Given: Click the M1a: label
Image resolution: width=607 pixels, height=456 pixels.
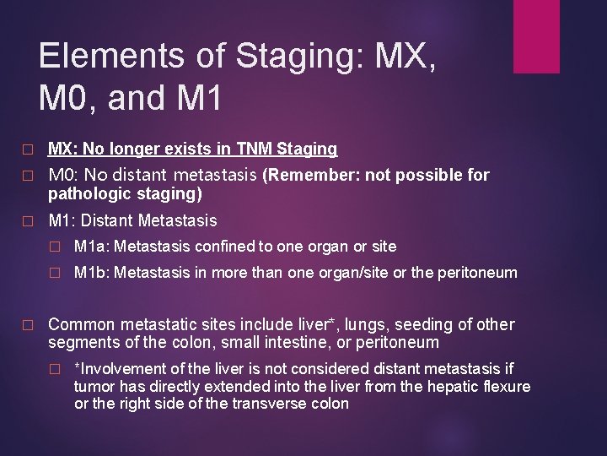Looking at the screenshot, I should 92,247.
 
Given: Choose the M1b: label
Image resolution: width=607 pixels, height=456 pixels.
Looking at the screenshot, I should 92,274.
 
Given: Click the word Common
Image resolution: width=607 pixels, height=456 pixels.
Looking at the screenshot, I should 82,324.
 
